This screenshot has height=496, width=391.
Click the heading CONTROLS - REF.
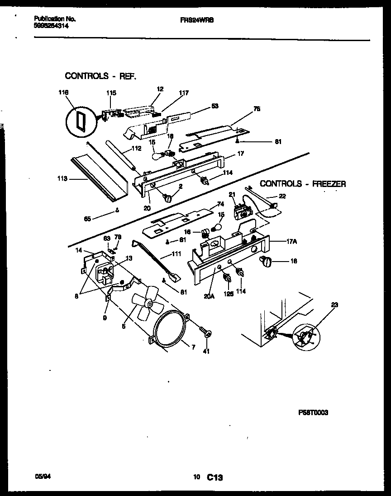pos(100,75)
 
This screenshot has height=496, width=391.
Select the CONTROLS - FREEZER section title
pos(303,184)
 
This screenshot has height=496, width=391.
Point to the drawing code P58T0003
pos(313,412)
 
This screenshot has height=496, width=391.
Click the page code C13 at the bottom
pos(216,477)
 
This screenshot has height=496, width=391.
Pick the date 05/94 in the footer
pos(42,476)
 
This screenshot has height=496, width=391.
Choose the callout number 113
pos(62,179)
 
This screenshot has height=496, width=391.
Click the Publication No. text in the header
pos(54,19)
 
